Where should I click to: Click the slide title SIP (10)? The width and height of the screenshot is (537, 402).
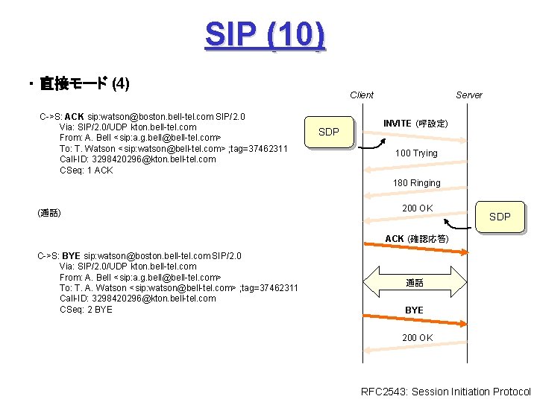265,35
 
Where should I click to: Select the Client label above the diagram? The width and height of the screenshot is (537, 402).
362,95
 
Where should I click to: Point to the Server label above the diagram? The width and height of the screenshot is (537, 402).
468,95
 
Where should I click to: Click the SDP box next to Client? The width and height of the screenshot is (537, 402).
329,133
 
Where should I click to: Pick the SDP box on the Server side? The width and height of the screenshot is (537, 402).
499,217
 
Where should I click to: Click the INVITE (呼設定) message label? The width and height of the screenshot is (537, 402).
415,124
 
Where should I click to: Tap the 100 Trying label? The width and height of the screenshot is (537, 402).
416,153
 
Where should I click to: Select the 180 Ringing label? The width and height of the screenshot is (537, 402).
417,183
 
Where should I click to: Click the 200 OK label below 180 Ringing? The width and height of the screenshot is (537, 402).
417,208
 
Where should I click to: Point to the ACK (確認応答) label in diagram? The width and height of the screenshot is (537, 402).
416,239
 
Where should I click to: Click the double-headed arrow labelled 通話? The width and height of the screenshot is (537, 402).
415,283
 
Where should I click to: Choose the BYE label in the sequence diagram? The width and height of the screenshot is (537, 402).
414,310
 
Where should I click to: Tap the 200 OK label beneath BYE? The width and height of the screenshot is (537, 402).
417,338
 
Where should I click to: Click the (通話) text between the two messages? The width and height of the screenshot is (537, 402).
48,214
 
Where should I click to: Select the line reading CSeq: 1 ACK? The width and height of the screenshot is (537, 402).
86,170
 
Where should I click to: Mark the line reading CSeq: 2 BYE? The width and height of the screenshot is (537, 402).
86,310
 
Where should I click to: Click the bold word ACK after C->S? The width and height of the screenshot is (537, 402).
75,117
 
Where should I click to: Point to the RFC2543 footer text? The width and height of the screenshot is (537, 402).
445,392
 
